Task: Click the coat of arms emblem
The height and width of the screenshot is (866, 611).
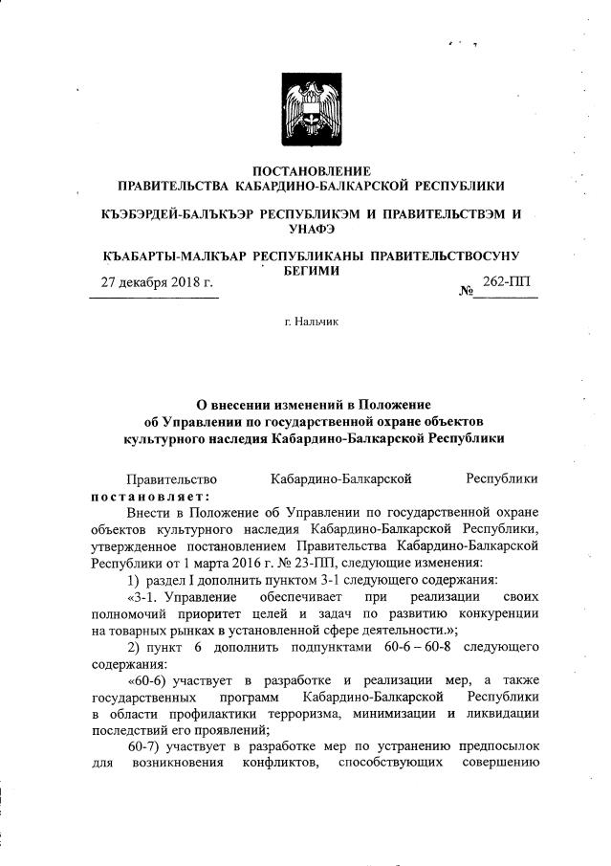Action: click(x=305, y=107)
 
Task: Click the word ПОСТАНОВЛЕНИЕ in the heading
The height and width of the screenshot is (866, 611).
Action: click(x=305, y=169)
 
